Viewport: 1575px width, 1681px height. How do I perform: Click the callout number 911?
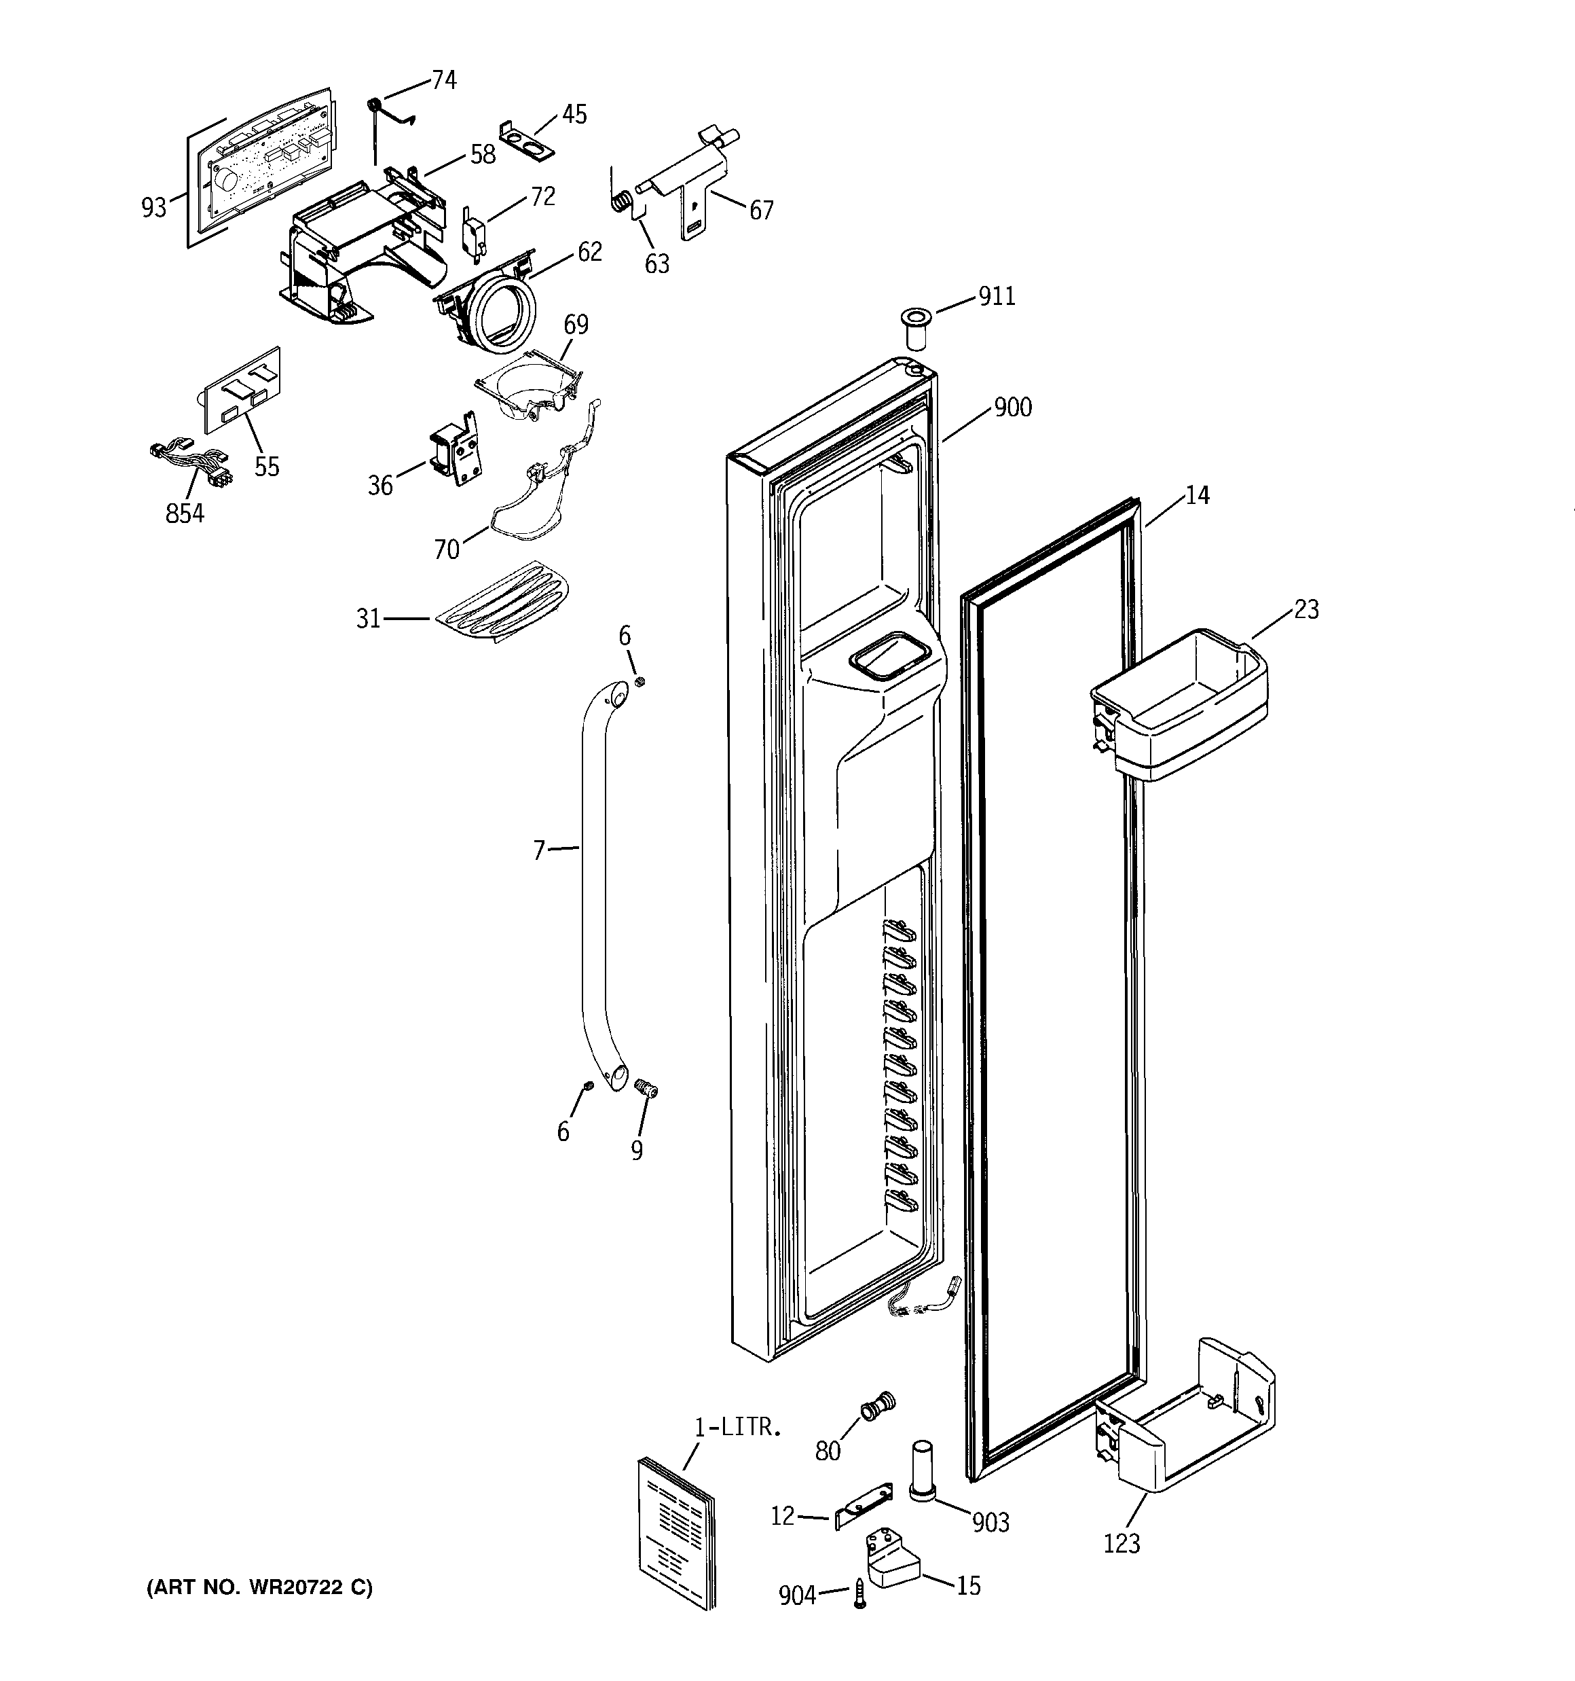997,297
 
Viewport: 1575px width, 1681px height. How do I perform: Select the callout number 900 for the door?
1012,408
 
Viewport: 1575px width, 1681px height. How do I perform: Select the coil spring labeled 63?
621,201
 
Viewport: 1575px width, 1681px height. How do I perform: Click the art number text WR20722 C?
259,1588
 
